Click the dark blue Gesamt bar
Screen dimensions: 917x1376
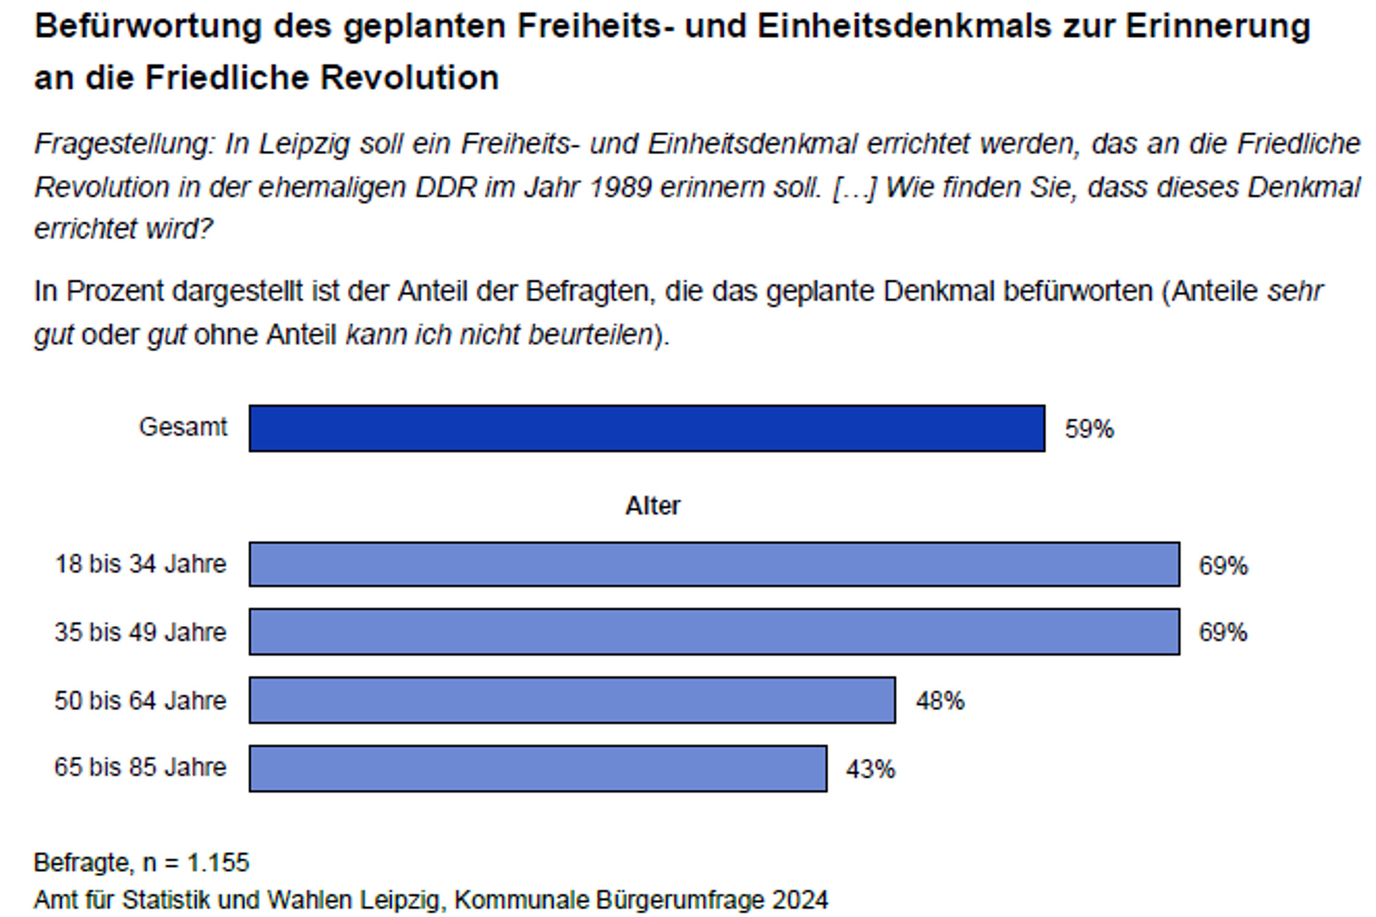pyautogui.click(x=646, y=428)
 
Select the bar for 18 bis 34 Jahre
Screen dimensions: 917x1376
pyautogui.click(x=714, y=564)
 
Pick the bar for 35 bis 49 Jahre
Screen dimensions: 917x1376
pyautogui.click(x=714, y=632)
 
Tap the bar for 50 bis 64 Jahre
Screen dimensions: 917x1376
pyautogui.click(x=572, y=700)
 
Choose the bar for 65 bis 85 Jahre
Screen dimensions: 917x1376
pyautogui.click(x=538, y=768)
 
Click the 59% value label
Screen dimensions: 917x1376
pyautogui.click(x=1089, y=429)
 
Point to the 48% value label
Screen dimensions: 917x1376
pyautogui.click(x=939, y=701)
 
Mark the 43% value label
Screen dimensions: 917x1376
pyautogui.click(x=870, y=769)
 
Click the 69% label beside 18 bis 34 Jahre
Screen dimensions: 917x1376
pyautogui.click(x=1222, y=565)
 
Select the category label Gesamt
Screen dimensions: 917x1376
pyautogui.click(x=183, y=427)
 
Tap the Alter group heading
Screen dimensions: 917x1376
pyautogui.click(x=653, y=506)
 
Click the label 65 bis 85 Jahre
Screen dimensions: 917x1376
pyautogui.click(x=140, y=767)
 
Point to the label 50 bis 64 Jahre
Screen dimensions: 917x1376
pyautogui.click(x=140, y=700)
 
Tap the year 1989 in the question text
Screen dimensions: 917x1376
pyautogui.click(x=621, y=187)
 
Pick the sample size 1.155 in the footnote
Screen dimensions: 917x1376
pyautogui.click(x=218, y=863)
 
